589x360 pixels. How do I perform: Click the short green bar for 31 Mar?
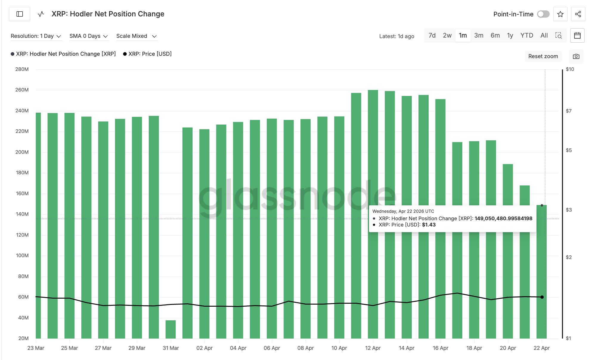pos(170,329)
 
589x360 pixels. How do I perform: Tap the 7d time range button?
pos(432,35)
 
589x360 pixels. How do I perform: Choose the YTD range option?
pos(526,35)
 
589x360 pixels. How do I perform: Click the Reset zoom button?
pos(543,56)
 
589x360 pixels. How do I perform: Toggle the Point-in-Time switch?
pos(543,14)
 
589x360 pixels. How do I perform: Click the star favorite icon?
pos(560,14)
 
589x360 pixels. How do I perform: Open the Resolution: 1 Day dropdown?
pos(36,36)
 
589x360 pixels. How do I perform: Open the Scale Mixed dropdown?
pos(136,36)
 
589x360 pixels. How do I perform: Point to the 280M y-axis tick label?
pos(22,69)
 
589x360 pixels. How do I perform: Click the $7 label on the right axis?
pos(568,111)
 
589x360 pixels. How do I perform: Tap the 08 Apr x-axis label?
pos(305,348)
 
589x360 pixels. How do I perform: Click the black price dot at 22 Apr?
pos(542,297)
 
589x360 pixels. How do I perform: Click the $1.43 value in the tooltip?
pos(429,225)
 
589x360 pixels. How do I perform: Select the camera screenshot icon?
pos(576,56)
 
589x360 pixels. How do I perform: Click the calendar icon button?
pos(577,35)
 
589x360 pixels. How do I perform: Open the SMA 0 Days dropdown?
pos(88,36)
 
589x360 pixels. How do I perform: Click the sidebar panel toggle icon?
pos(20,14)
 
